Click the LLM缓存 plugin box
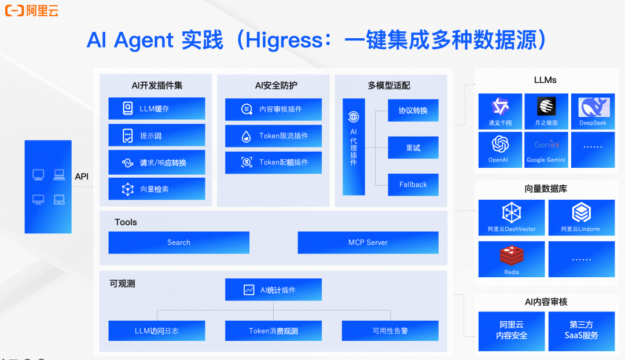click(x=156, y=108)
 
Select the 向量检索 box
click(x=156, y=189)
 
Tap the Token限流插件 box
click(x=273, y=135)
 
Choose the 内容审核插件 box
click(x=273, y=109)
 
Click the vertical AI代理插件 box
click(x=354, y=146)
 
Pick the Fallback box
click(x=413, y=185)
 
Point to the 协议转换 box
click(x=413, y=110)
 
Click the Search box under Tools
click(x=179, y=243)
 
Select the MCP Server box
click(x=368, y=243)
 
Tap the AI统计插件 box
click(x=273, y=290)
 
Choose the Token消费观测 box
click(x=273, y=331)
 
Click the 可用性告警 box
click(x=390, y=331)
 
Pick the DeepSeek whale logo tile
click(x=593, y=112)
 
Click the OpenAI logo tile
click(x=500, y=149)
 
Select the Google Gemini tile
click(x=546, y=149)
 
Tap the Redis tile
click(x=512, y=259)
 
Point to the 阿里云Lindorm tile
click(x=581, y=218)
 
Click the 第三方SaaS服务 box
click(x=581, y=330)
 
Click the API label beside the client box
click(x=82, y=177)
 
